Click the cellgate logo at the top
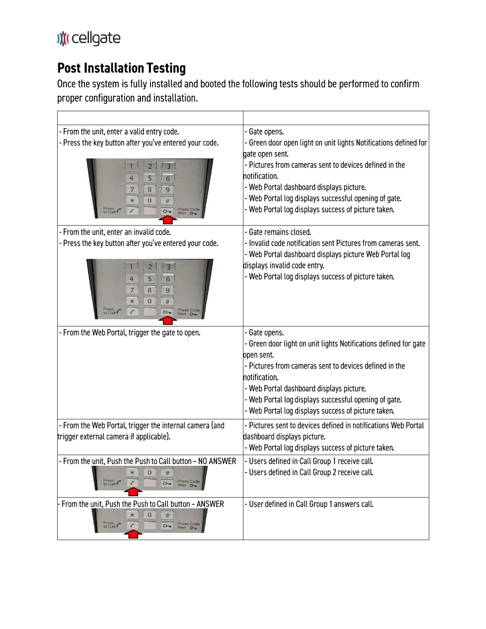pyautogui.click(x=89, y=39)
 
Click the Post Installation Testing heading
pyautogui.click(x=121, y=68)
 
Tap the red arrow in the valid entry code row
pyautogui.click(x=168, y=219)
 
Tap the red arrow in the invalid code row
pyautogui.click(x=168, y=320)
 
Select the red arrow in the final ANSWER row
pyautogui.click(x=133, y=534)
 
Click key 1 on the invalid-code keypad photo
pyautogui.click(x=131, y=267)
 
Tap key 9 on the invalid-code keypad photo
pyautogui.click(x=168, y=290)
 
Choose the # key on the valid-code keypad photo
pyautogui.click(x=168, y=201)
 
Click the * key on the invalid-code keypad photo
pyautogui.click(x=132, y=301)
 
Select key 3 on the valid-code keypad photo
pyautogui.click(x=168, y=166)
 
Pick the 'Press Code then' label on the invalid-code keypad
pyautogui.click(x=188, y=312)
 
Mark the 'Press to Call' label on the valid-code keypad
pyautogui.click(x=109, y=210)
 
